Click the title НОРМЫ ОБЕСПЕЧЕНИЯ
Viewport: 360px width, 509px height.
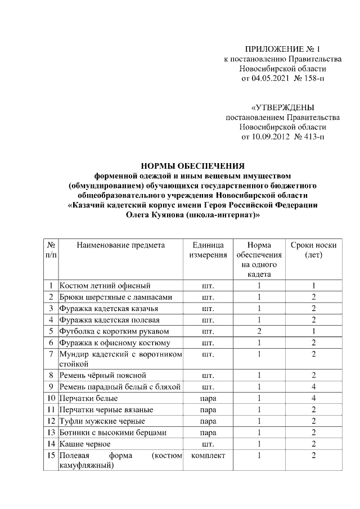[x=192, y=166]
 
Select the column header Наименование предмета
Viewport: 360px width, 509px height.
[x=121, y=245]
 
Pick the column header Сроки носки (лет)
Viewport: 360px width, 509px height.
[x=313, y=250]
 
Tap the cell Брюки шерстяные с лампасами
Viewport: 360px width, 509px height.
[x=115, y=297]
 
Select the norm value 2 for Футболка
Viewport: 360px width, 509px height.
[x=259, y=331]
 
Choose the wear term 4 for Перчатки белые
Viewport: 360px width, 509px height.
[x=313, y=398]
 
